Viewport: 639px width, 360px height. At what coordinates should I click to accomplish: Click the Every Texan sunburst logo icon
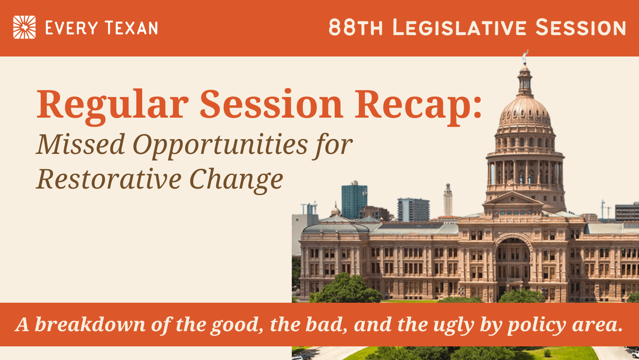point(24,27)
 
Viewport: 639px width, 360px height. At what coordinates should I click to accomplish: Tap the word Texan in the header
point(131,28)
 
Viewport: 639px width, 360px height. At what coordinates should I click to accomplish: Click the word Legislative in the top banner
point(459,28)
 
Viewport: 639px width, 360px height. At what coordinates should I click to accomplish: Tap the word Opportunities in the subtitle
point(220,145)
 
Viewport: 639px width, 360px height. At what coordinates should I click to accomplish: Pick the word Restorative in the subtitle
point(109,179)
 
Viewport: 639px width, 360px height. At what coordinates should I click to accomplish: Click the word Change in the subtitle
point(236,180)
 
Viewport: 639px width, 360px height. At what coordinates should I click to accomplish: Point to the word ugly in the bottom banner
point(454,326)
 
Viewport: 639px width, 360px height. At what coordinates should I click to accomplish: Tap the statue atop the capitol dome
point(524,57)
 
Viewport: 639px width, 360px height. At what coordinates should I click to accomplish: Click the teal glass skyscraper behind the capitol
point(354,201)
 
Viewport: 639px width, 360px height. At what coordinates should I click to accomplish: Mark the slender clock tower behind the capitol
point(448,200)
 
